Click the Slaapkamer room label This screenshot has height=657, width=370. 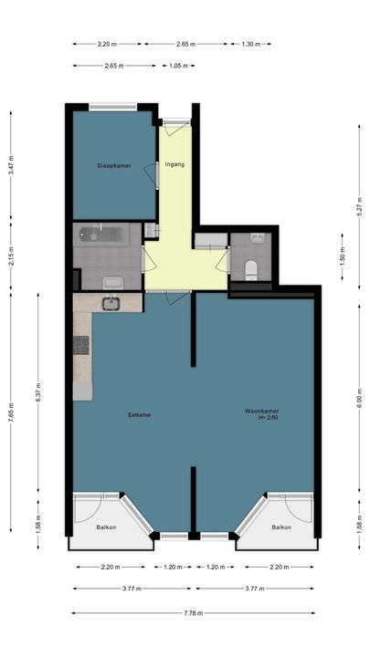coord(114,165)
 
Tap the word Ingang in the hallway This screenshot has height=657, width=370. coord(174,165)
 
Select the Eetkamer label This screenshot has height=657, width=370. coord(140,414)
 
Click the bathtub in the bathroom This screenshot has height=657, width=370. coord(101,234)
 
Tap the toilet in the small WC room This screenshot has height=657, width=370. coord(251,268)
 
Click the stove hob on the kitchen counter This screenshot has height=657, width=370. coord(81,346)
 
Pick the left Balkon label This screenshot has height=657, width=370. coord(107,527)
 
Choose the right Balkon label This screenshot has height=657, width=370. coord(280,527)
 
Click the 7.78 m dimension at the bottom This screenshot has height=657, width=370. coord(193,613)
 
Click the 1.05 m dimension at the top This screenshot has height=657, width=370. coord(176,66)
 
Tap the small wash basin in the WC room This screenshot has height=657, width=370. coord(257,239)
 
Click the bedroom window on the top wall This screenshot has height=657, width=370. coord(114,106)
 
